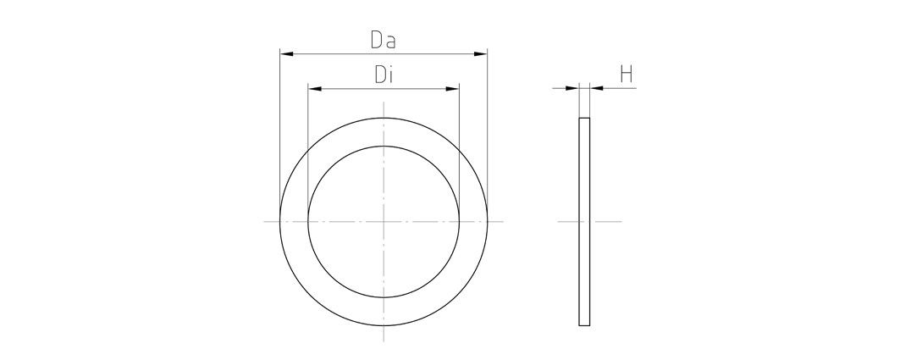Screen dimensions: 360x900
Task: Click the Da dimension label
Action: coord(384,40)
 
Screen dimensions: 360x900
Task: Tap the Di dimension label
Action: coord(384,75)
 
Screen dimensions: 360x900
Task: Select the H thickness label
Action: coord(627,75)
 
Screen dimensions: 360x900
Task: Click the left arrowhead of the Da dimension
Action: coord(286,54)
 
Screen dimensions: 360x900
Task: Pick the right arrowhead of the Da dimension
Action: coord(482,54)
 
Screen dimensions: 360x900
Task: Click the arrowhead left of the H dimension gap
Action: coord(573,88)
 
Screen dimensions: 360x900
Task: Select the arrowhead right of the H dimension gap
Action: coord(595,88)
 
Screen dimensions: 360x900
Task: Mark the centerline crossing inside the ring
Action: coord(384,221)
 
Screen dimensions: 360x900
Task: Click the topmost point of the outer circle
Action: coord(384,117)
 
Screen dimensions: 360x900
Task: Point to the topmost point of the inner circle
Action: coord(384,146)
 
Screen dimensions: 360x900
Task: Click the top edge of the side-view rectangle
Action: coord(584,119)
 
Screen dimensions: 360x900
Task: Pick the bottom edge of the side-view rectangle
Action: coord(584,325)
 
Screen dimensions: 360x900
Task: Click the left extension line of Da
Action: coord(280,127)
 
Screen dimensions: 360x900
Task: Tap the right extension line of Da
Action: coord(488,127)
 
